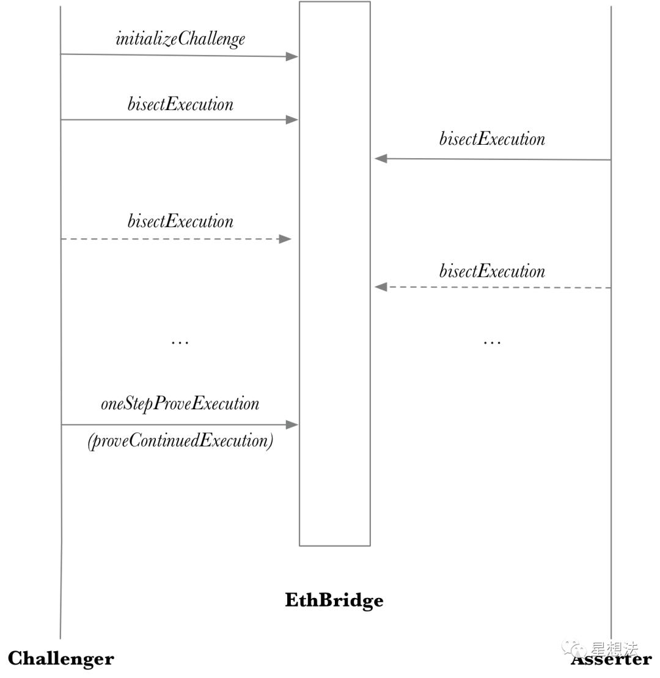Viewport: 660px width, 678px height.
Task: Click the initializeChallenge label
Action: pos(180,39)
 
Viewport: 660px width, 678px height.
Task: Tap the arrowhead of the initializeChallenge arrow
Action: pos(292,56)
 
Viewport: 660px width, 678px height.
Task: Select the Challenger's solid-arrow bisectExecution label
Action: pos(180,104)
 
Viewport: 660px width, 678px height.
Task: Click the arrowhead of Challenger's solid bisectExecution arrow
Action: pos(292,120)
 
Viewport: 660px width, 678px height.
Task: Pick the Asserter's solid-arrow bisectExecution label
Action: pos(492,139)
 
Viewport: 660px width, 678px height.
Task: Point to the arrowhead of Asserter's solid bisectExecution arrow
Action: pos(381,159)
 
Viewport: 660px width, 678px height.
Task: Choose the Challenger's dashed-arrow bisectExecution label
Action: pos(180,221)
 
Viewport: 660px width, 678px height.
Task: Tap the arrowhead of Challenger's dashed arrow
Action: pos(285,239)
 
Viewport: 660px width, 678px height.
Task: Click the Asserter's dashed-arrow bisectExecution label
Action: pos(492,271)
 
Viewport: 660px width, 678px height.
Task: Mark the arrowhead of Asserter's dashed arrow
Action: pos(381,286)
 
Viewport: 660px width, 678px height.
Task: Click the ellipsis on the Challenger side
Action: pos(180,343)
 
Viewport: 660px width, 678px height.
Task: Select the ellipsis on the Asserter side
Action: pos(492,343)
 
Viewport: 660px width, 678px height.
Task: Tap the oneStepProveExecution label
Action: pos(180,404)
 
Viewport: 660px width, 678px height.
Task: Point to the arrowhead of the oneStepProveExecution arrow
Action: pos(292,425)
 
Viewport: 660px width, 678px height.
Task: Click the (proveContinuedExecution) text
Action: pos(180,441)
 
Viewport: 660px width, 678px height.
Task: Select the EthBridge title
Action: pos(334,600)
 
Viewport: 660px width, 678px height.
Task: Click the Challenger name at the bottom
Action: pos(61,659)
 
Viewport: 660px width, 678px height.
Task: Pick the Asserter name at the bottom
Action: pos(611,660)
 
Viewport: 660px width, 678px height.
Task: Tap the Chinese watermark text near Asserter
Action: pos(615,649)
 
